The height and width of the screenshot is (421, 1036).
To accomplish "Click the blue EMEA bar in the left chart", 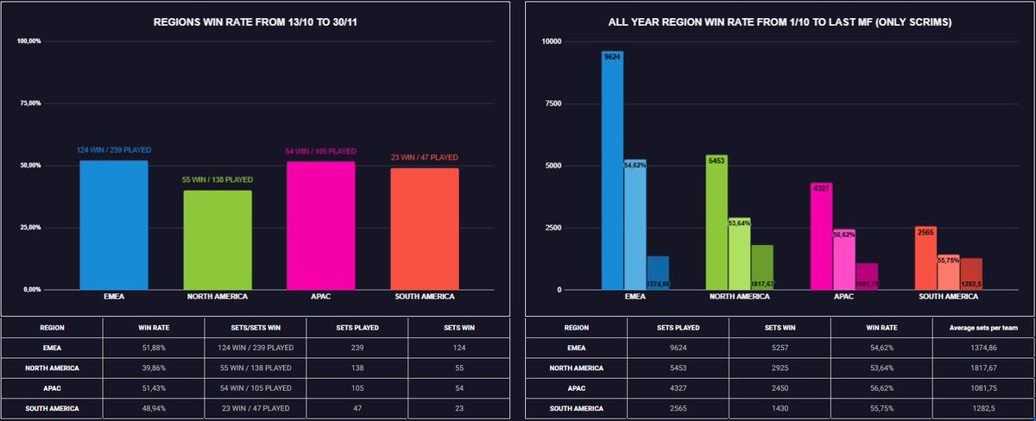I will click(114, 225).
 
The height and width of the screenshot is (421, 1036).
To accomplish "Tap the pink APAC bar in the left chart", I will click(320, 226).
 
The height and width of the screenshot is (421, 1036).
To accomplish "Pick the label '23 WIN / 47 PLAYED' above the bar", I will click(424, 158).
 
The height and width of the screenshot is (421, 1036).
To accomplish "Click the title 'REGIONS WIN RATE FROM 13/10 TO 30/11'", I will click(256, 22).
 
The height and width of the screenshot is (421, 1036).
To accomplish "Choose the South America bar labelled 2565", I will click(925, 258).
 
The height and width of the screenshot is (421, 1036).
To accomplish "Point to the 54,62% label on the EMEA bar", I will click(635, 164).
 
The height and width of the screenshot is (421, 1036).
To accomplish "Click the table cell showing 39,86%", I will click(154, 368).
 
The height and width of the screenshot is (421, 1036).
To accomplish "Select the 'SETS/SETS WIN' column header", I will click(256, 328).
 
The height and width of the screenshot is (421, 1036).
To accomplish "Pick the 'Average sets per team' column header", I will click(983, 328).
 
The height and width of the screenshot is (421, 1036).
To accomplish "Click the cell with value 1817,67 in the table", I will click(983, 368).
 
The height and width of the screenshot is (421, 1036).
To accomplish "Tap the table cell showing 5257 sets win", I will click(780, 348).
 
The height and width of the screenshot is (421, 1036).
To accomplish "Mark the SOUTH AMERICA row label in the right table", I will click(576, 407).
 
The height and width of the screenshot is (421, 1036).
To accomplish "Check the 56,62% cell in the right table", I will click(881, 387).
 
